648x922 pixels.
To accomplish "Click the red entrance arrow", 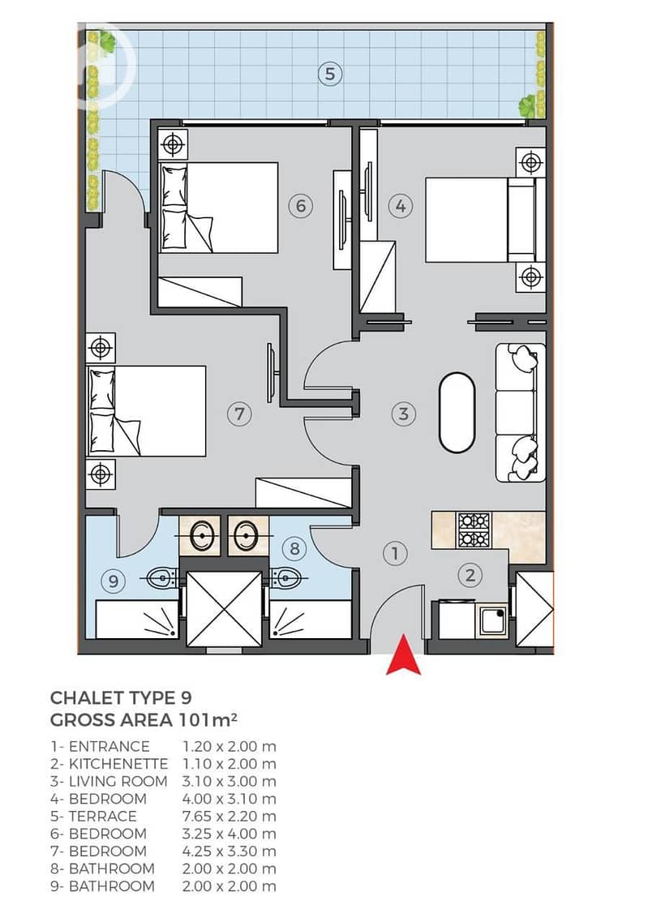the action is (403, 656).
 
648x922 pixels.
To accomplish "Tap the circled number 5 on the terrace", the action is (330, 74).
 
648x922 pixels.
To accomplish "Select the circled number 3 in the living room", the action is (403, 414).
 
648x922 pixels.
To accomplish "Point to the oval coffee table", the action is (457, 413).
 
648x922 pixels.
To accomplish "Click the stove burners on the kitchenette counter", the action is (474, 530).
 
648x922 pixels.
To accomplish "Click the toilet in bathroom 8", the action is (286, 579).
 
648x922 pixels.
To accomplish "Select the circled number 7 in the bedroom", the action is (239, 414).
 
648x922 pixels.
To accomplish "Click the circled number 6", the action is (300, 206).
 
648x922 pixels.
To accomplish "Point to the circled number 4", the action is (401, 206).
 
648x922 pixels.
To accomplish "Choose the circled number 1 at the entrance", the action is (395, 553).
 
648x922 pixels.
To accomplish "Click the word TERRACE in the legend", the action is (103, 816).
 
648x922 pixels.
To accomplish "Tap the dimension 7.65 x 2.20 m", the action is (230, 816).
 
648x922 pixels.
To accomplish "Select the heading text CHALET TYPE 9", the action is (121, 698).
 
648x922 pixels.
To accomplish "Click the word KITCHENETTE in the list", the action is (118, 764).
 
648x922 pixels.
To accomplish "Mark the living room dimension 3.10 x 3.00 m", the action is (230, 782).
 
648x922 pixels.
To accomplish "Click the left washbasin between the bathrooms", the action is (200, 536).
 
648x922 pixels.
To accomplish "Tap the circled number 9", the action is (114, 581).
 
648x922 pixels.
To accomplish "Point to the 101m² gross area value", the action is (208, 719).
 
